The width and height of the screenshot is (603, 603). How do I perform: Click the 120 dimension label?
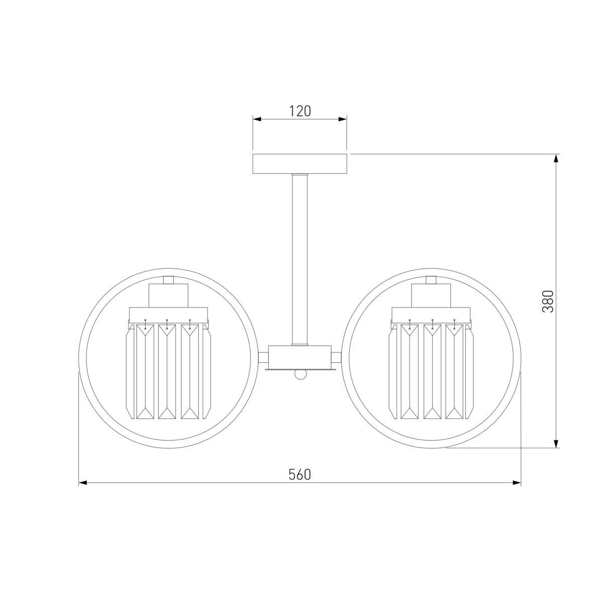click(299, 111)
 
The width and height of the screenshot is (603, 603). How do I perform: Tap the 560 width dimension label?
click(299, 475)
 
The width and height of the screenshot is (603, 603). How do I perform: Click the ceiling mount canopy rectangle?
click(299, 164)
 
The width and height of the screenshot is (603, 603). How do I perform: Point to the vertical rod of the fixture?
click(300, 260)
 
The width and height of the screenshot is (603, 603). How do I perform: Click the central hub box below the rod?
click(300, 357)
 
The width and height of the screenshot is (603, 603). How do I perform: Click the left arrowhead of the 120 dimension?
click(257, 119)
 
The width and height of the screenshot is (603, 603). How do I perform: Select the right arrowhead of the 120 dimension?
click(342, 119)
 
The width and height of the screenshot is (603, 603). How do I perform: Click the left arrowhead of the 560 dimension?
click(82, 483)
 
